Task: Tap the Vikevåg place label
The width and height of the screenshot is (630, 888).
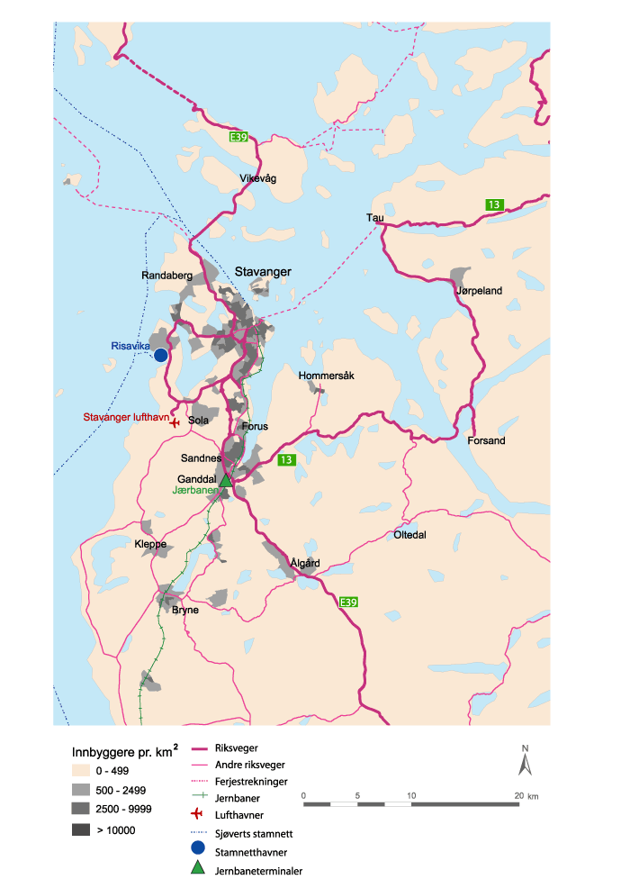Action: coord(258,178)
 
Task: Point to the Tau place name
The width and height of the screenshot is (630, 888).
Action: coord(374,218)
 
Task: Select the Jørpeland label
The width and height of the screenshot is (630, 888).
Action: coord(480,291)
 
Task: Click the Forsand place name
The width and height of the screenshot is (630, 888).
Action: coord(486,441)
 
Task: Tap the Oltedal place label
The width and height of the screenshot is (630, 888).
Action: coord(409,535)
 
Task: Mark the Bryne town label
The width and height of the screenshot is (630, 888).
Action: coord(185,610)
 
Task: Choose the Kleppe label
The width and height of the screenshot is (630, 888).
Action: coord(150,545)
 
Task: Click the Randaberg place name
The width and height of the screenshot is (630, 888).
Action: coord(164,276)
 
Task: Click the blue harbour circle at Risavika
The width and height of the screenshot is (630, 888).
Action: coord(161,355)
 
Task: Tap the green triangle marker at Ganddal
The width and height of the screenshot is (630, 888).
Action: coord(226,480)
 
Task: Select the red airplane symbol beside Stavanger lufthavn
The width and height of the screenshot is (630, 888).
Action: coord(175,423)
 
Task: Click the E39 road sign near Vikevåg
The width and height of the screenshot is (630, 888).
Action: coord(238,137)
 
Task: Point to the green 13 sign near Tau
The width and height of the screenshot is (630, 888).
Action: coord(494,204)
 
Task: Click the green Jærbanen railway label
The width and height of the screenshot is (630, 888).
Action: coord(193,492)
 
